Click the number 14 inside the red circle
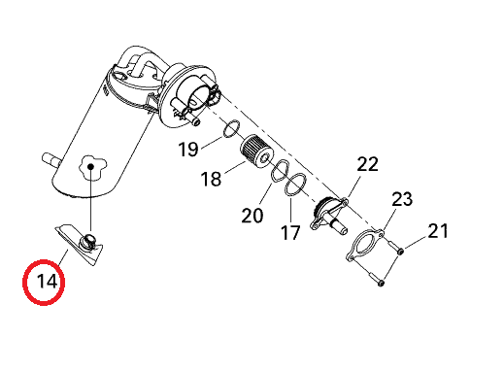(48, 282)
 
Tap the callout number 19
(188, 150)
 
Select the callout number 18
(211, 179)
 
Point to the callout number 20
(252, 216)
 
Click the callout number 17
(290, 233)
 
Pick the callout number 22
(367, 164)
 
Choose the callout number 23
(402, 199)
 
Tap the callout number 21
(438, 231)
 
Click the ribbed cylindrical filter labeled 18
(256, 152)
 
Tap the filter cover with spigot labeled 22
(329, 215)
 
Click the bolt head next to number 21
(400, 252)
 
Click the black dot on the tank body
(91, 167)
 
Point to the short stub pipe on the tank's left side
(50, 159)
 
